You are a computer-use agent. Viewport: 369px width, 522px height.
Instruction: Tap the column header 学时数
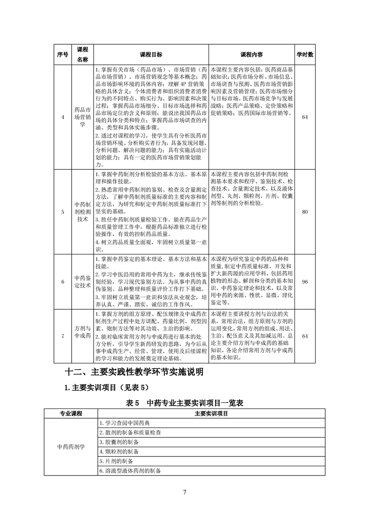[x=305, y=54]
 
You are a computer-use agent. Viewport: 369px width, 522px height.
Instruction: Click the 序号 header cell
[x=63, y=54]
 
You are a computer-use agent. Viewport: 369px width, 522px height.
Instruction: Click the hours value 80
[x=305, y=212]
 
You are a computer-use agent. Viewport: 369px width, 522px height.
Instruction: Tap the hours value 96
[x=305, y=281]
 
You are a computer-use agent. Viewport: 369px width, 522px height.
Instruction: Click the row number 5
[x=63, y=212]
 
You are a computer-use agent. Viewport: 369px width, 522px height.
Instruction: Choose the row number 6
[x=63, y=281]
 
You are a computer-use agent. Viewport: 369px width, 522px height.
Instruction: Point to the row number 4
[x=63, y=117]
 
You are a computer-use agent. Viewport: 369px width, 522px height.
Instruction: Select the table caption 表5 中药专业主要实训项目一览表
[x=184, y=402]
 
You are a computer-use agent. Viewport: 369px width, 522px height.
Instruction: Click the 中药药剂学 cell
[x=71, y=446]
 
